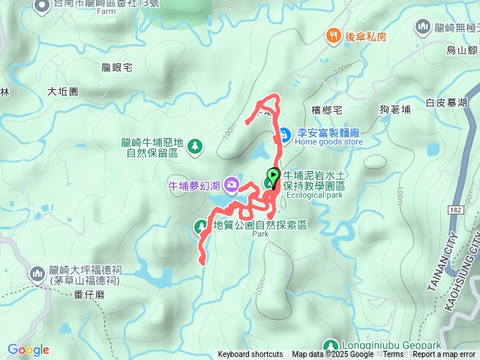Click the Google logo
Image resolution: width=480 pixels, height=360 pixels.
(x=28, y=349)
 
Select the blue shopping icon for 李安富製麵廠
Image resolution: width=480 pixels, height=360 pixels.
(x=285, y=135)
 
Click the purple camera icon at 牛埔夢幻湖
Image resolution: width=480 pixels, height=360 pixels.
(x=231, y=184)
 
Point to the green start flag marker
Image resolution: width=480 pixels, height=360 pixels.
(x=272, y=177)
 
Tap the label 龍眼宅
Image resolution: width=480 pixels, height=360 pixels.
(x=116, y=67)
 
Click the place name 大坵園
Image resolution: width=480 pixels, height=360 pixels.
(x=63, y=91)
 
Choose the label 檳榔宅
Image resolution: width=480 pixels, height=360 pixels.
(x=327, y=110)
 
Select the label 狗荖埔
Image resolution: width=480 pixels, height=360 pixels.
(x=395, y=109)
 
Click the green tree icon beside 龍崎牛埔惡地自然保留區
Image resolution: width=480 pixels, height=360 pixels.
(x=193, y=145)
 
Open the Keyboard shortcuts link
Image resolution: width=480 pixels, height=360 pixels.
(x=250, y=355)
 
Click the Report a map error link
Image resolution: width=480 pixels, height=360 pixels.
(x=445, y=355)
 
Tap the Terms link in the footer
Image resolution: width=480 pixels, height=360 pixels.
(x=393, y=355)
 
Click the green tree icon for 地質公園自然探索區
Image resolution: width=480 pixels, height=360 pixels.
(x=201, y=225)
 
